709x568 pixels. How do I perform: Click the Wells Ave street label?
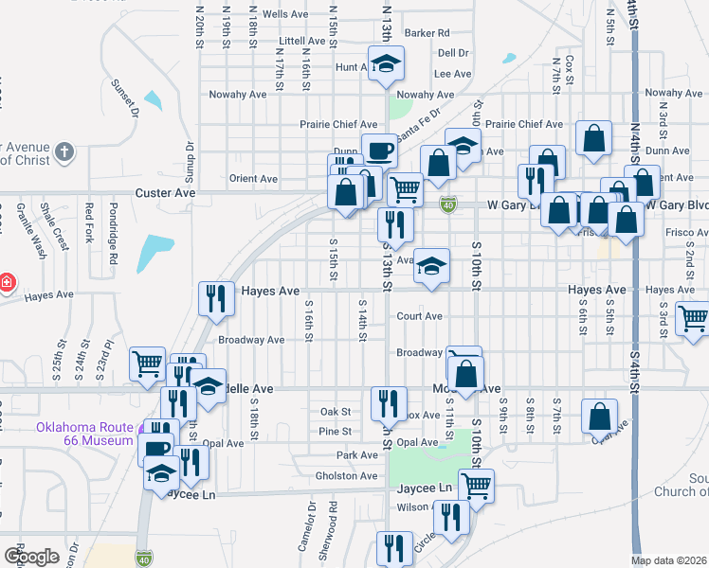285,14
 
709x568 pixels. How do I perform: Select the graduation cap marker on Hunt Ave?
386,64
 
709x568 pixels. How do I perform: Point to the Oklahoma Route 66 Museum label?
85,434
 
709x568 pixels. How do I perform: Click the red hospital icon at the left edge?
6,282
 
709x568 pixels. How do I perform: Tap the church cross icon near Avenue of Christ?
64,151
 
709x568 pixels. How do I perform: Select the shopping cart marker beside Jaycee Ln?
477,486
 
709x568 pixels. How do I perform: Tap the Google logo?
31,556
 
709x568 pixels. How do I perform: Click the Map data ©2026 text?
669,560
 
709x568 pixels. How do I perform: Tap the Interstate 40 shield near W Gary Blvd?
448,204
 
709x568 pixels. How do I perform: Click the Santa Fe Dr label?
422,133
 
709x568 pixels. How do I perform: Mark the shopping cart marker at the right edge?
694,318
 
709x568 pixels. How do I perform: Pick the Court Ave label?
420,316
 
